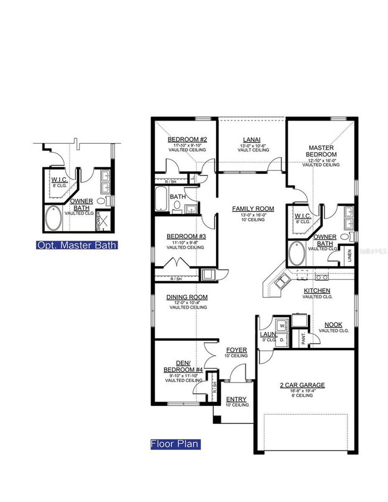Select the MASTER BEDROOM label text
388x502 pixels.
pyautogui.click(x=321, y=151)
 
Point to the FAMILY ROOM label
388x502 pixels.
pyautogui.click(x=253, y=209)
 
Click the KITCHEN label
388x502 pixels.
pyautogui.click(x=317, y=291)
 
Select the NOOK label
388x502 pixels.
pyautogui.click(x=334, y=325)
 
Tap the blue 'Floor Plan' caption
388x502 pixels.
pyautogui.click(x=174, y=444)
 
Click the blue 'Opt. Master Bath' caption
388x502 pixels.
pyautogui.click(x=76, y=245)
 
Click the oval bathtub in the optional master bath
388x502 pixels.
pyautogui.click(x=53, y=218)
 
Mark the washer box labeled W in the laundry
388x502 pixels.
pyautogui.click(x=281, y=326)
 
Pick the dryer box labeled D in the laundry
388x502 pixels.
pyautogui.click(x=281, y=338)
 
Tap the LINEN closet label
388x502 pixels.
pyautogui.click(x=350, y=255)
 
